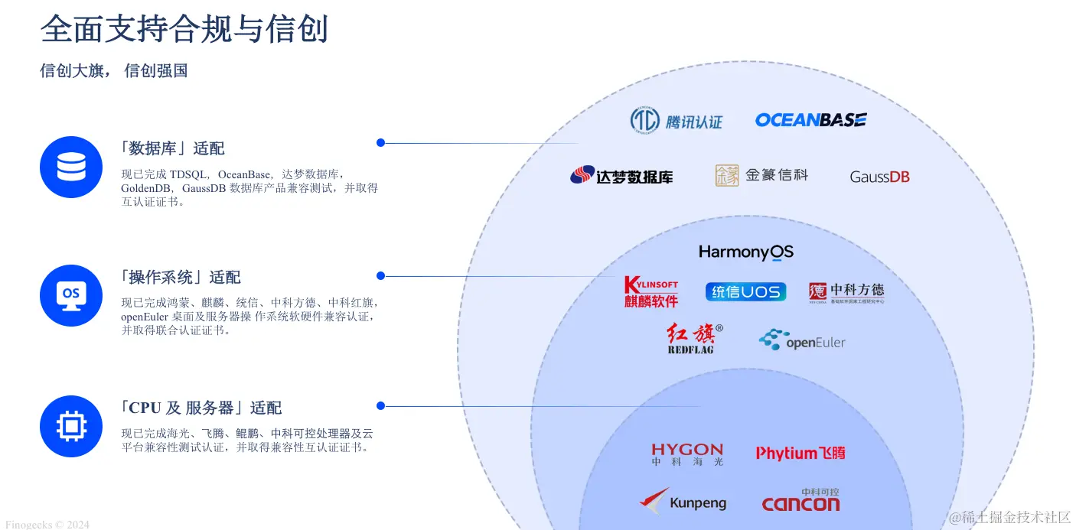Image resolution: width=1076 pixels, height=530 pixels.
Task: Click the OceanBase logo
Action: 810,120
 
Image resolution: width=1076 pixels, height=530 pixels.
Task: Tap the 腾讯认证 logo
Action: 676,120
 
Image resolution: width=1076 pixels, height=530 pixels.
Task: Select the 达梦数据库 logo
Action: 621,176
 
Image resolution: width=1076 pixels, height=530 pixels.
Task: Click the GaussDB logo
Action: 879,177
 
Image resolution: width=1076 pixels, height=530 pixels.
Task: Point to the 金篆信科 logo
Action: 761,175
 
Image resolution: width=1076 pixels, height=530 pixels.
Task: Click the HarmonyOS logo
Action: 746,252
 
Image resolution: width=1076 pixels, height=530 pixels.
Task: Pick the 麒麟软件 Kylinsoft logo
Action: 651,291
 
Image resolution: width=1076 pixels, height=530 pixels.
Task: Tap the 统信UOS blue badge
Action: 745,291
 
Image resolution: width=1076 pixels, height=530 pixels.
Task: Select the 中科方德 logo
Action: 846,292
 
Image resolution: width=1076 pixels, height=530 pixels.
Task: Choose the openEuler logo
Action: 802,340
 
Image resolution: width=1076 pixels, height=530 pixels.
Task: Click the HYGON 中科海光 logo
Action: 687,454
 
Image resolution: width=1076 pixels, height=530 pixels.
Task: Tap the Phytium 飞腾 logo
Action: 800,453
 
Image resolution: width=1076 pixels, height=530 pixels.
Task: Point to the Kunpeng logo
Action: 683,502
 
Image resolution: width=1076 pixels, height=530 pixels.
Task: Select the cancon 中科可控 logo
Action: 800,500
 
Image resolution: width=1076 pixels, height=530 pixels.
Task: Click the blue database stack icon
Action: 71,167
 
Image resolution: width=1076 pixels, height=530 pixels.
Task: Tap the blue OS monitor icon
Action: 71,295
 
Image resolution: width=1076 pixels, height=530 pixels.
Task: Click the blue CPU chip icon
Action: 71,426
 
